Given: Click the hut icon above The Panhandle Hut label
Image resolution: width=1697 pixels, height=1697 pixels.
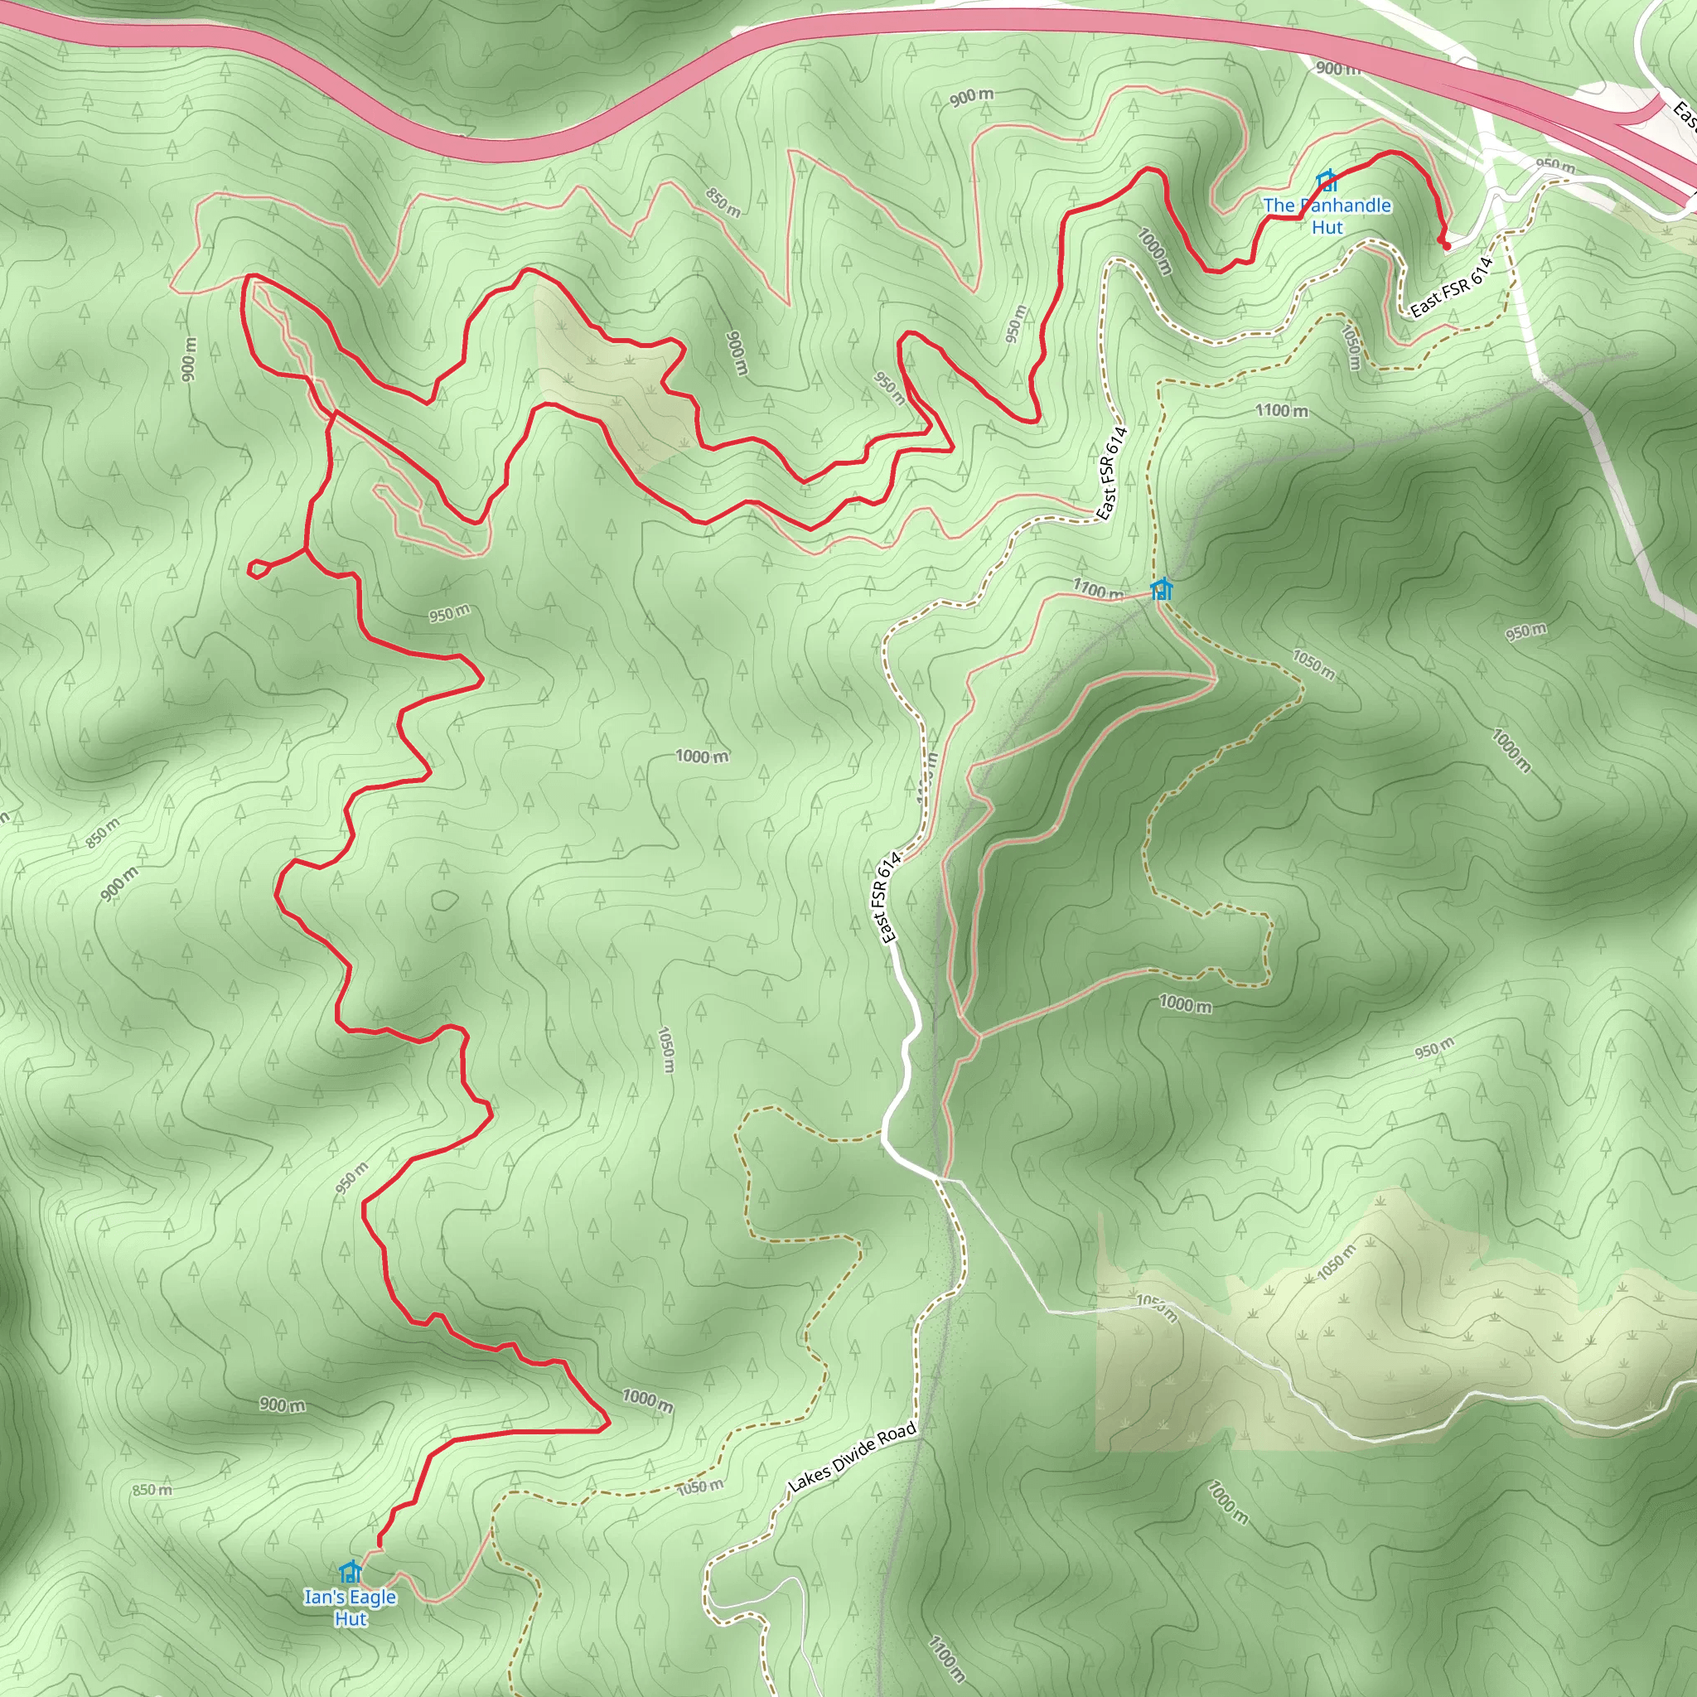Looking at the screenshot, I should (x=1327, y=181).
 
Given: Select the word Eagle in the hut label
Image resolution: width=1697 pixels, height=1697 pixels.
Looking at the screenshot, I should (x=374, y=1597).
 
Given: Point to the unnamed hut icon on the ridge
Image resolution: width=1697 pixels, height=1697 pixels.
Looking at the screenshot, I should (x=1161, y=588).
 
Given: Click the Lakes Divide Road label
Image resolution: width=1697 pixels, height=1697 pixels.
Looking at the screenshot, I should (x=852, y=1458).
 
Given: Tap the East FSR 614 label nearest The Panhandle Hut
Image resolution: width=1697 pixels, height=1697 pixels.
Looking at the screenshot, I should (x=1451, y=288).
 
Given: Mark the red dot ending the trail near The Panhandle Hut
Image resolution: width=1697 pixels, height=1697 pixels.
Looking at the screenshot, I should (x=1446, y=246).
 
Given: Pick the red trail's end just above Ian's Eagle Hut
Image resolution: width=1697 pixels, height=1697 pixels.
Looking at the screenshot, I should (x=380, y=1545).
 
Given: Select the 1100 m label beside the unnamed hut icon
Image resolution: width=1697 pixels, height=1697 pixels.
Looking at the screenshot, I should (x=1097, y=588).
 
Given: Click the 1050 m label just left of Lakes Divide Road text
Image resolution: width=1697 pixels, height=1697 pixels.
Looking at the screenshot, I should (x=700, y=1487).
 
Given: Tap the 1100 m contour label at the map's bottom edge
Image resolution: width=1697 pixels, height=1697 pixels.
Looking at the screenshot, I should (x=946, y=1658).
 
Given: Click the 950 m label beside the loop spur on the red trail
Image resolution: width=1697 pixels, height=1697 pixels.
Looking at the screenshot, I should (x=449, y=613).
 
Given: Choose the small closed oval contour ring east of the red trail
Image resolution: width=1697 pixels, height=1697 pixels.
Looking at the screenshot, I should (x=444, y=901).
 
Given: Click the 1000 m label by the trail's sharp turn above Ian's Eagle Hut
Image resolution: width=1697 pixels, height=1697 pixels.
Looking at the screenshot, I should (x=647, y=1400).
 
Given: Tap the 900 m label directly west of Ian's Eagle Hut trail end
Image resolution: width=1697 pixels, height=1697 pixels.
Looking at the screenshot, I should (x=282, y=1405).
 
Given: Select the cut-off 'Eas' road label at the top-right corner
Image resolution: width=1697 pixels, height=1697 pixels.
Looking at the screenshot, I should (x=1683, y=118).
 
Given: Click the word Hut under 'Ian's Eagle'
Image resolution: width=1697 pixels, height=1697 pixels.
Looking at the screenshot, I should (x=351, y=1619).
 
